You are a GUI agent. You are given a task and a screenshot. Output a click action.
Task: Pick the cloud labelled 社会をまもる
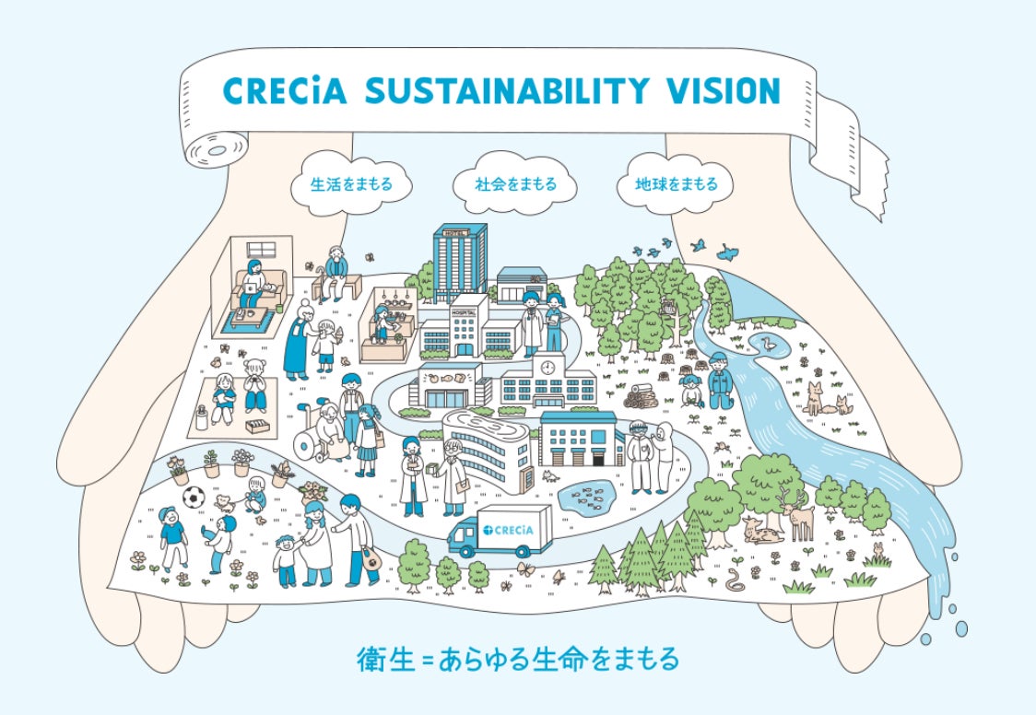[x=515, y=184]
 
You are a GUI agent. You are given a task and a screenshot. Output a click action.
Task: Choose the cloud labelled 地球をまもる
[x=677, y=184]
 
